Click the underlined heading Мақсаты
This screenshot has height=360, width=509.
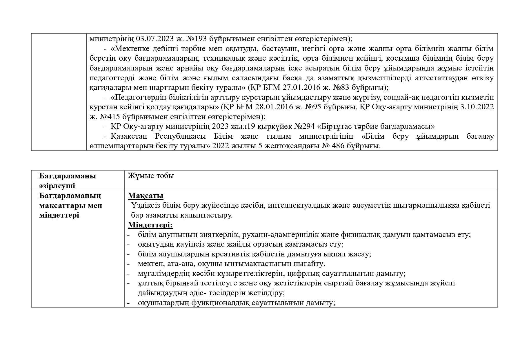click(x=146, y=196)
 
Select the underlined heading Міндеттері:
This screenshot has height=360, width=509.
click(x=150, y=225)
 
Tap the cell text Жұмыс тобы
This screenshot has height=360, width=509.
click(x=151, y=176)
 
